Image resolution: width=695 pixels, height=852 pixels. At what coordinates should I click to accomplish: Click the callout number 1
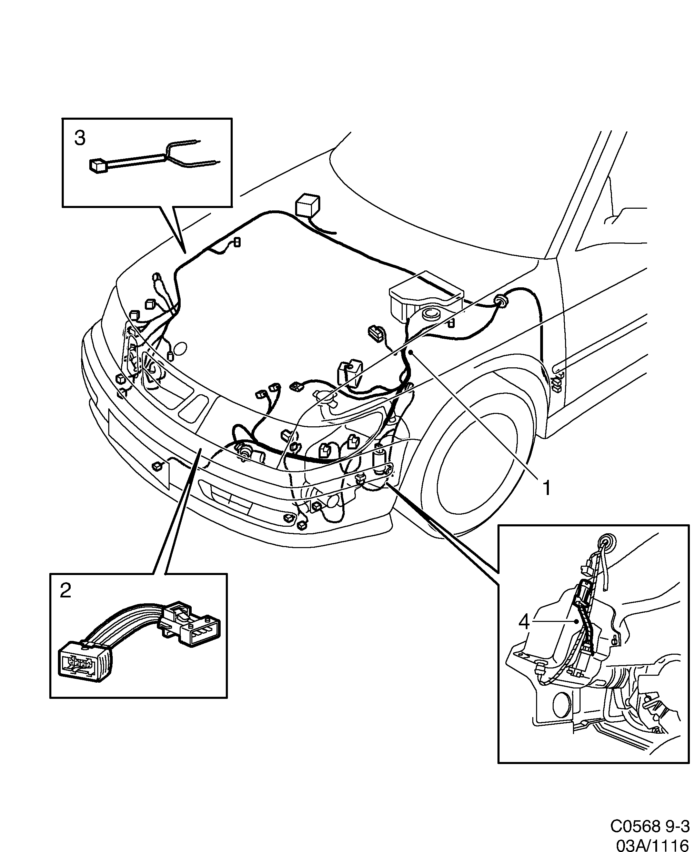point(546,488)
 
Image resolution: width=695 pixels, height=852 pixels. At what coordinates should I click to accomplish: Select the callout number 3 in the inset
point(80,138)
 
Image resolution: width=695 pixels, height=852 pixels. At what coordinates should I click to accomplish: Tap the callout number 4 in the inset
point(524,633)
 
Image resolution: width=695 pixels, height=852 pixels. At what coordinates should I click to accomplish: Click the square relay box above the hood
point(307,207)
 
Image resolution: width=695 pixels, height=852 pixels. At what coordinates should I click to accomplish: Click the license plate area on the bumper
point(138,445)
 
